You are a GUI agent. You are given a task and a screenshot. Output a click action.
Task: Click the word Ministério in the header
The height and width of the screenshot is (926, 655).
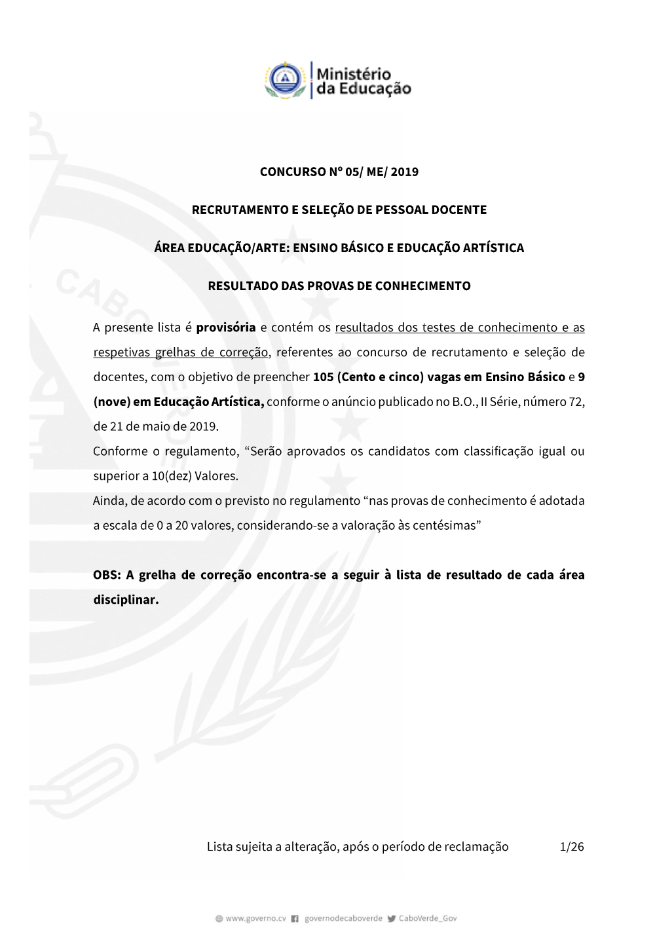pos(354,74)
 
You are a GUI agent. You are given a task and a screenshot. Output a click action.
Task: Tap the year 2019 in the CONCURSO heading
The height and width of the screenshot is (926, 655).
pos(404,172)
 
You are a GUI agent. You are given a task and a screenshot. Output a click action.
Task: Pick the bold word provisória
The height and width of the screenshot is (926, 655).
pos(225,327)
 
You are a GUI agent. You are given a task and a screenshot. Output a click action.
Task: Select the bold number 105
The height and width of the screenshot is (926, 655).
pos(324,377)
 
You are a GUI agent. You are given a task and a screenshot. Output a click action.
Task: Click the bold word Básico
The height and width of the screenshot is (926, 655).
pos(546,377)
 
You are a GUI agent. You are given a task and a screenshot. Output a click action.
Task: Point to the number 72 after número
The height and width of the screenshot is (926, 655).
pos(576,402)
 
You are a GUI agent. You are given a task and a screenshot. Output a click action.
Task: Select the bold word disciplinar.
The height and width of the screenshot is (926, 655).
pos(126,600)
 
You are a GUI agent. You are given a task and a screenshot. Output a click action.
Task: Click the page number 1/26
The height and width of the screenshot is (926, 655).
pos(572,847)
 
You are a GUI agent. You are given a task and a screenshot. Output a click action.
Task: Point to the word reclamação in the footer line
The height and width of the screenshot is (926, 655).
pos(476,847)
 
